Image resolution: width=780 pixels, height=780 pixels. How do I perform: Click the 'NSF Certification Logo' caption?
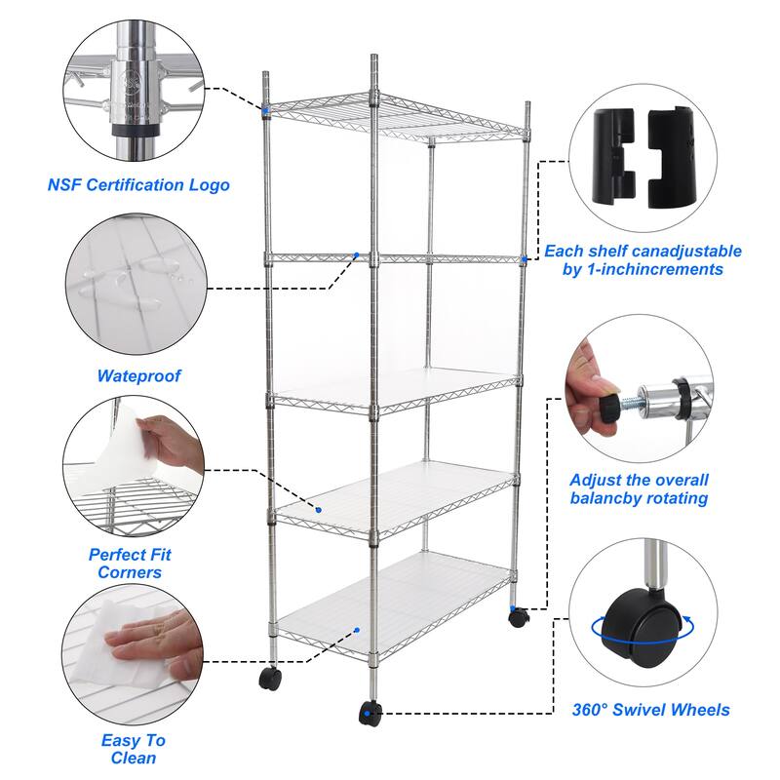138,184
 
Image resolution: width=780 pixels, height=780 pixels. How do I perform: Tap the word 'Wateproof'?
138,375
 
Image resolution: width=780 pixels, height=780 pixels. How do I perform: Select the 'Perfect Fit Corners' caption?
130,564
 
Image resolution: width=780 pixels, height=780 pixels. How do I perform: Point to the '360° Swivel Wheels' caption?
650,710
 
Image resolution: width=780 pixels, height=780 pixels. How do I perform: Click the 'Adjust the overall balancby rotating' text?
639,488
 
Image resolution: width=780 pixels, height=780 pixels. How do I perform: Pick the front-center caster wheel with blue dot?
370,714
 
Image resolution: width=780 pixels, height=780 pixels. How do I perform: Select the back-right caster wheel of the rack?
517,616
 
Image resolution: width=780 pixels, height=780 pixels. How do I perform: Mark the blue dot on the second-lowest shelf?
318,509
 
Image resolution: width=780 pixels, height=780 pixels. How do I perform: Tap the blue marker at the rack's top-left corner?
264,110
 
